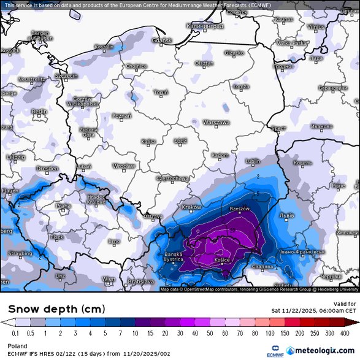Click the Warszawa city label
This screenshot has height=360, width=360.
pos(216,123)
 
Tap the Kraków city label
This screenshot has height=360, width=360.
pos(192,207)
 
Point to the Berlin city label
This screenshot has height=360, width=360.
pos(39,112)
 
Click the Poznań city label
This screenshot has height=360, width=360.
pos(121,116)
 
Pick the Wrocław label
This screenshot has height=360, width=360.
pos(124,166)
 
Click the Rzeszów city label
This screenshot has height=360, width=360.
pos(239,209)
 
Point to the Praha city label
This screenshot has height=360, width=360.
pos(64,207)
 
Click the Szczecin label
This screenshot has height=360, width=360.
pos(66,76)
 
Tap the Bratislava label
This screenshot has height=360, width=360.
pos(140,281)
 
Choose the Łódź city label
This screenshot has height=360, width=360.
pos(180,140)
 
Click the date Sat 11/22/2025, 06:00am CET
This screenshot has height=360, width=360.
pos(313,311)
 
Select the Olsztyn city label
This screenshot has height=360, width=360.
pos(204,63)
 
